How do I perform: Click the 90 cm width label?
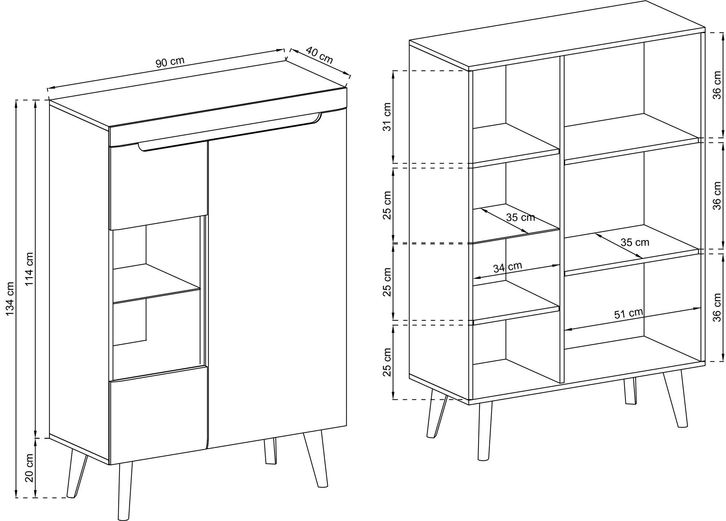coord(170,62)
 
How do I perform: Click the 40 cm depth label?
coord(319,55)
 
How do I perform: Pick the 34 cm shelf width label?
coord(507,267)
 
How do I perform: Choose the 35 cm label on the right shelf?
coord(635,242)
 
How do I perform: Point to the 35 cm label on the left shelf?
coord(521,217)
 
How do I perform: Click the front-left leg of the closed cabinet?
coord(125,490)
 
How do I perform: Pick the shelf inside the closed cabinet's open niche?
coord(156,283)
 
